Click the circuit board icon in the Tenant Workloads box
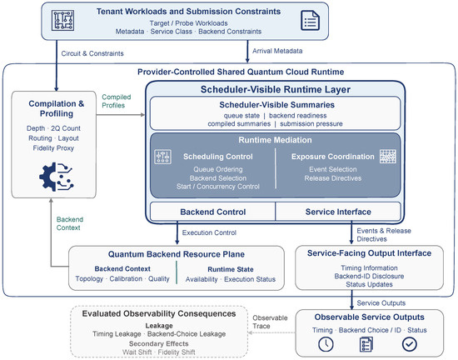click(62, 20)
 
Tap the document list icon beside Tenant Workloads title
click(311, 21)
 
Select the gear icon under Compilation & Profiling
click(57, 177)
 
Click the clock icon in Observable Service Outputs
click(326, 344)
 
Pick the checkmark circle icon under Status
click(409, 344)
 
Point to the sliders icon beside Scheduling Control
click(162, 157)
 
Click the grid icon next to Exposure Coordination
click(388, 157)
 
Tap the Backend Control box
click(212, 212)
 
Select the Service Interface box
click(338, 212)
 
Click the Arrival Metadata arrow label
click(277, 51)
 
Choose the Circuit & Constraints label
click(92, 53)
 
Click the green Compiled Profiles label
click(117, 101)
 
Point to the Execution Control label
click(209, 232)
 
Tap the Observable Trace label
click(270, 322)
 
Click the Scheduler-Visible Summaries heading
click(277, 105)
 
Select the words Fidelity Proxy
click(53, 148)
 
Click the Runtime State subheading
click(231, 269)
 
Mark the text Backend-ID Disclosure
click(369, 276)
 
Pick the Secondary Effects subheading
click(158, 343)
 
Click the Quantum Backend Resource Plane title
click(177, 254)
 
